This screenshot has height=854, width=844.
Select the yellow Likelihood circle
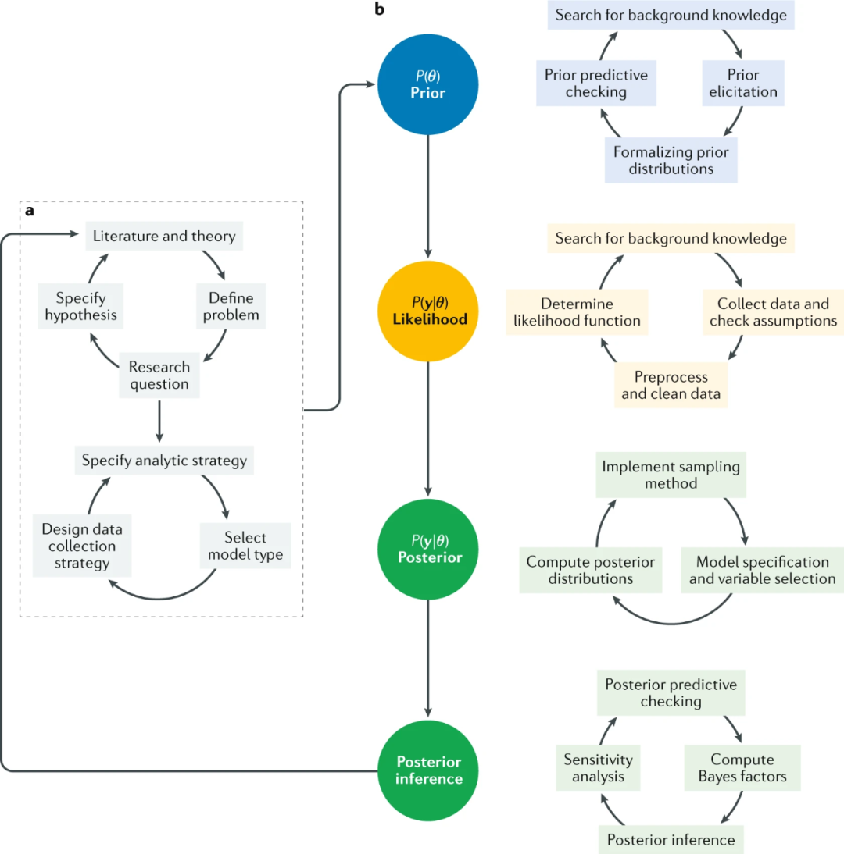pos(427,312)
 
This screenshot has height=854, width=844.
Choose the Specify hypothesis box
pos(81,307)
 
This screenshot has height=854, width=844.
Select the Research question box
pos(159,375)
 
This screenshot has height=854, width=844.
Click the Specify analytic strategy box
pos(164,461)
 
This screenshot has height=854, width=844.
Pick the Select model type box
pos(245,547)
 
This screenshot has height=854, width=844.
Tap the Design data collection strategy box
pos(82,546)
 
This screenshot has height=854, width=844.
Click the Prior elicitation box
pos(740,84)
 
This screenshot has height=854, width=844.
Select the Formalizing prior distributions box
pos(671,158)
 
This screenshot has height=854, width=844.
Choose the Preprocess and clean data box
pos(671,384)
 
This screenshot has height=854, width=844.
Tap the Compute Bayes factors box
pos(742,767)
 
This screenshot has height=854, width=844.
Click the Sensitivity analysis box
pos(599,767)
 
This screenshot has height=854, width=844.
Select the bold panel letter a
pos(30,212)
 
